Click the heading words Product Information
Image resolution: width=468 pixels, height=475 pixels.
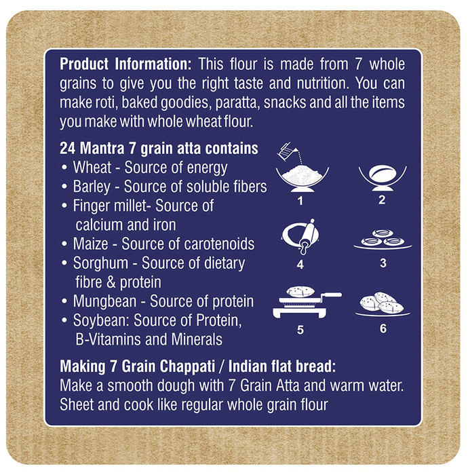click(x=125, y=64)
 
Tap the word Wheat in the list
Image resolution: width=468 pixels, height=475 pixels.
click(x=92, y=167)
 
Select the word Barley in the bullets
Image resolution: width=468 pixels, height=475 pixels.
click(x=92, y=187)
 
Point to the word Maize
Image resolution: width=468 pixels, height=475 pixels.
click(x=90, y=244)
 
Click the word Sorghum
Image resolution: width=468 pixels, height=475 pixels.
click(x=100, y=263)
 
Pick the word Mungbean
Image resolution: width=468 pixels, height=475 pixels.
click(x=104, y=302)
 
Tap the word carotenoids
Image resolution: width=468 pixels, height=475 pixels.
click(x=218, y=244)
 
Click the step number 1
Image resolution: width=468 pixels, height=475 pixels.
click(x=300, y=201)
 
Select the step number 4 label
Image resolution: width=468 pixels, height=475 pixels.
click(x=300, y=265)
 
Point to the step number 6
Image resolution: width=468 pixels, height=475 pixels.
click(x=383, y=328)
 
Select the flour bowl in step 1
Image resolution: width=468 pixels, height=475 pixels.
click(x=303, y=179)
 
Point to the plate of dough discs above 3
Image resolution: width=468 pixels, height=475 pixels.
click(x=383, y=240)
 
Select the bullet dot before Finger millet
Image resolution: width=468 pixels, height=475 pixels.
click(x=64, y=206)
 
